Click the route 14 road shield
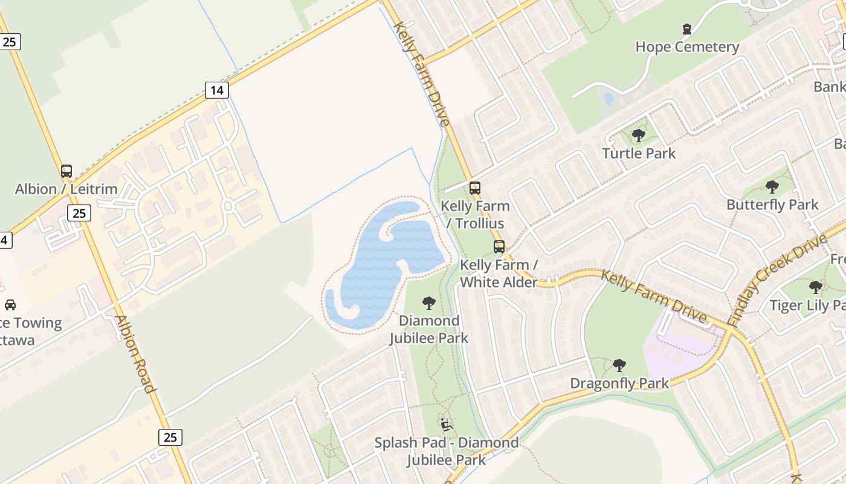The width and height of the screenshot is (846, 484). tap(216, 90)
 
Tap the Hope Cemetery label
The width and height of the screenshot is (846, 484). tap(687, 47)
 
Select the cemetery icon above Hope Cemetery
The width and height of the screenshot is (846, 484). tap(687, 28)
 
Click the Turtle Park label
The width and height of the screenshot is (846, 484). tap(639, 153)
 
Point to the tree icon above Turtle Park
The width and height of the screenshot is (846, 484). tap(638, 136)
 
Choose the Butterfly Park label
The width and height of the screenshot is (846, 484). tap(772, 204)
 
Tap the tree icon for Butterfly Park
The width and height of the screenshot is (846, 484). tap(772, 187)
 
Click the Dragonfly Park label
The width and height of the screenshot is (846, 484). tap(619, 383)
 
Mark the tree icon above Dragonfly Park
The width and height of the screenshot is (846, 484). tap(619, 365)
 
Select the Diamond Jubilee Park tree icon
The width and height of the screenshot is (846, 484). tap(428, 302)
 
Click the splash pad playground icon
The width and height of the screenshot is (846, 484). tap(447, 425)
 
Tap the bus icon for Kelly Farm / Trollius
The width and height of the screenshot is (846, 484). tap(475, 188)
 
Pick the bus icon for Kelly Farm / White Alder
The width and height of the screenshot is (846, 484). tap(499, 247)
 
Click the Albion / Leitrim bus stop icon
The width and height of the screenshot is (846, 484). tap(66, 171)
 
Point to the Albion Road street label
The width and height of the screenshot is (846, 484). tap(135, 354)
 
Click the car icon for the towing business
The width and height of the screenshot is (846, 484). tap(10, 304)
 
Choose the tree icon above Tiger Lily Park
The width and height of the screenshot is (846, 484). tap(816, 287)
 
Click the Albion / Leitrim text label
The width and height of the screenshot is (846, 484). tap(66, 189)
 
